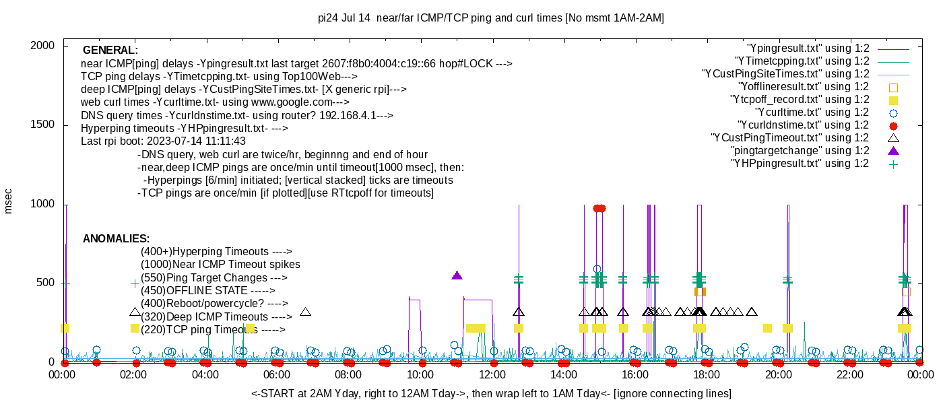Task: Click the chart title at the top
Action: [490, 18]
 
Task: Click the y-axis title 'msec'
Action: [9, 201]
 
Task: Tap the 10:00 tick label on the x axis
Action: [420, 375]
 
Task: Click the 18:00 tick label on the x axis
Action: [705, 375]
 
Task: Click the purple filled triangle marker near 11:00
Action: [457, 275]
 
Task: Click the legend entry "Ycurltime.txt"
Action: [812, 112]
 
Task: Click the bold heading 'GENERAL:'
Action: [110, 50]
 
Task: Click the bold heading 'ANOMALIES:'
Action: [116, 239]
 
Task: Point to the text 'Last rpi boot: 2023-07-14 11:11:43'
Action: [163, 141]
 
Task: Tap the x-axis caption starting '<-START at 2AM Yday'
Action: [491, 393]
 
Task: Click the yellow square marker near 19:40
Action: [767, 328]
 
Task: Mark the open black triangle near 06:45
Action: [305, 312]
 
